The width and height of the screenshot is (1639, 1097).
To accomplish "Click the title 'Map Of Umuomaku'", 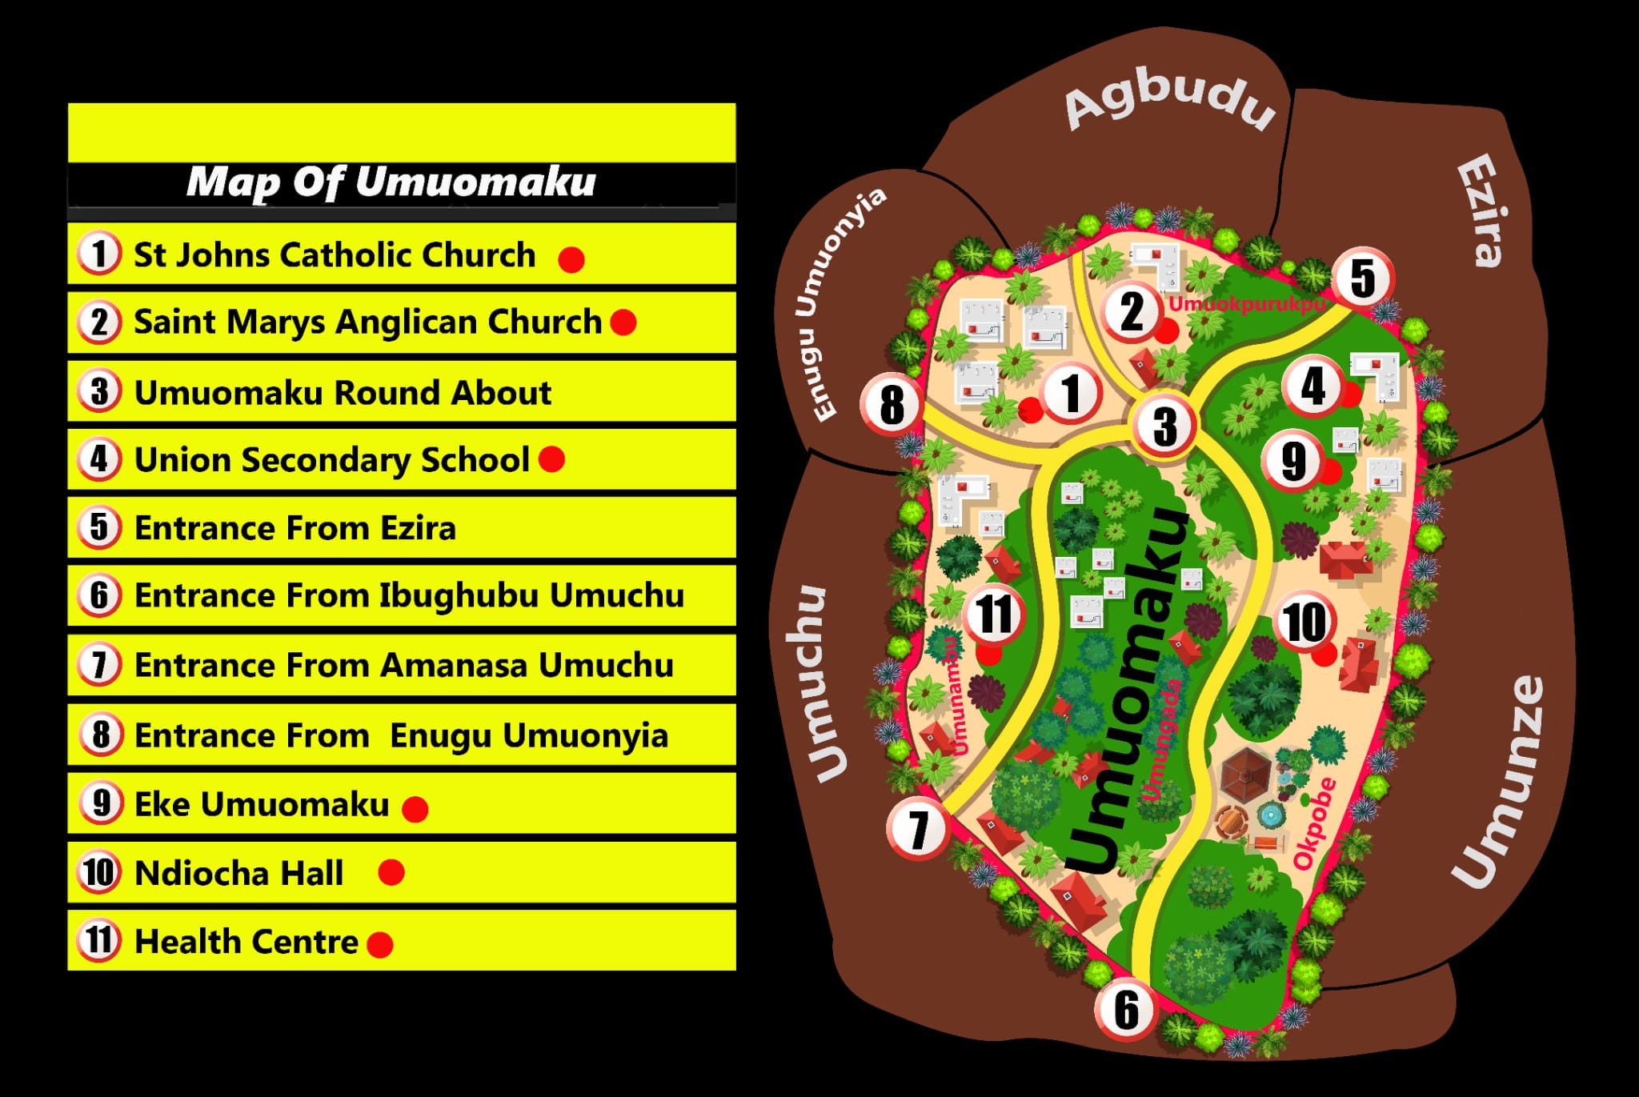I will (391, 182).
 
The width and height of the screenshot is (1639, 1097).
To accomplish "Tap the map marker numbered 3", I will (1164, 426).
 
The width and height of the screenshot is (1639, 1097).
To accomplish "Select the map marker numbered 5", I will (1363, 278).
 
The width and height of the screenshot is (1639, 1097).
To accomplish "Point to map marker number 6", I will (1126, 1010).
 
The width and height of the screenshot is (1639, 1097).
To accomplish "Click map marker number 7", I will (917, 830).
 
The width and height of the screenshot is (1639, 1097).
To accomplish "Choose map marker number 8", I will (892, 404).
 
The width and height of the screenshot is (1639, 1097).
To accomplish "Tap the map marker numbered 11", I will (994, 615).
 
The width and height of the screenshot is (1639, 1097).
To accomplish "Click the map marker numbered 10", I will (1305, 622).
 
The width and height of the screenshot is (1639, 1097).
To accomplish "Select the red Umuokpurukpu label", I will (1247, 304).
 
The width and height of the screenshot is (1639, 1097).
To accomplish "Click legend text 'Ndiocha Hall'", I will (239, 873).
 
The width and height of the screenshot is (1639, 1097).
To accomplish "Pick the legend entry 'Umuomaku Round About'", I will (343, 393).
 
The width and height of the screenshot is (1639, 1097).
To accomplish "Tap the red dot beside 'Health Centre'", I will (380, 944).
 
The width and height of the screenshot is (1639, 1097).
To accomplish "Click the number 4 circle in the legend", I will (99, 459).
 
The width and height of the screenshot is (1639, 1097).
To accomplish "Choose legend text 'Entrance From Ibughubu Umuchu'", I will (409, 595).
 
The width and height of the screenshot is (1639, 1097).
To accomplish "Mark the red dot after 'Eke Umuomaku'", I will (415, 809).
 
